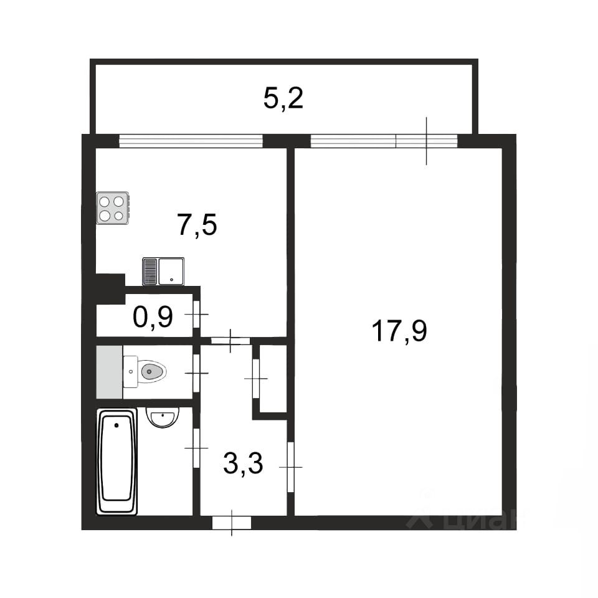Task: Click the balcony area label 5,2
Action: (x=283, y=98)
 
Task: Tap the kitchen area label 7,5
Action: (x=197, y=225)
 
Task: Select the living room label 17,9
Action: (x=399, y=331)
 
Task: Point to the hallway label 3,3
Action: (x=243, y=463)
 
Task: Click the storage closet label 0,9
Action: (x=153, y=316)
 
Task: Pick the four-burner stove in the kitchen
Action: (x=113, y=208)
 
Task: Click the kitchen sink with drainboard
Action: (x=163, y=272)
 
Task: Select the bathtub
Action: (x=116, y=462)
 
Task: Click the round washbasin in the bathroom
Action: (x=163, y=417)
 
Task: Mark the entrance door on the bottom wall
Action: (x=232, y=523)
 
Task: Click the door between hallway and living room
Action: (x=291, y=467)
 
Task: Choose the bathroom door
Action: (x=196, y=448)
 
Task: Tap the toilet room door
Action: (x=196, y=373)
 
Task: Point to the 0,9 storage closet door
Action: (x=196, y=314)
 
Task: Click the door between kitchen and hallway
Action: (x=230, y=341)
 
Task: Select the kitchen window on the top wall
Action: (x=191, y=141)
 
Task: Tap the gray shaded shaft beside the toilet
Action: (x=110, y=372)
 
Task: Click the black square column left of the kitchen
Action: (x=110, y=289)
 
